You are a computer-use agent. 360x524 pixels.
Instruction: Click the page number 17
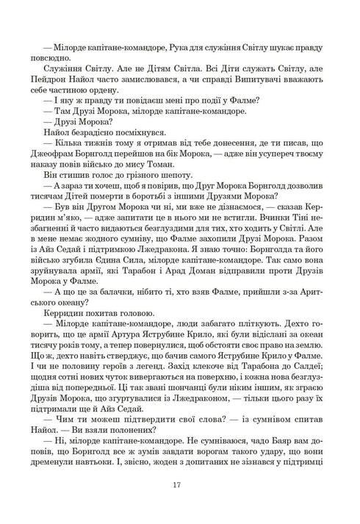coord(180,485)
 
